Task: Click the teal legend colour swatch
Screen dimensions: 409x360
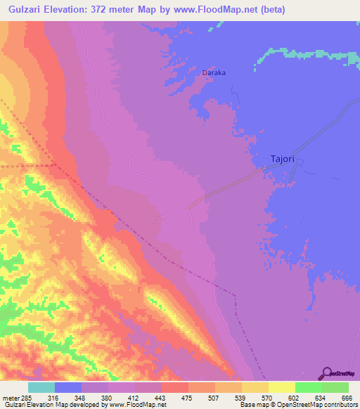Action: click(41, 387)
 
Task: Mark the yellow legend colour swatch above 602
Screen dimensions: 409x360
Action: click(281, 387)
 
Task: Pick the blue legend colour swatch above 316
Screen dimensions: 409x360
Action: click(68, 387)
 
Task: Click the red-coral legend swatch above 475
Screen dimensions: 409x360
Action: click(174, 387)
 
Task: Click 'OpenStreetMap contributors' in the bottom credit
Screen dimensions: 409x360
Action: click(321, 405)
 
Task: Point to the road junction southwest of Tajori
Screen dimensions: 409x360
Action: click(188, 208)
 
